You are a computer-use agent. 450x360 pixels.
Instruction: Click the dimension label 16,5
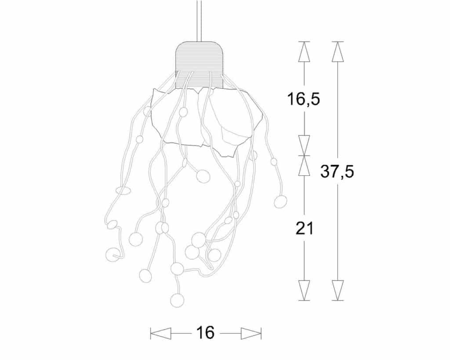(x=304, y=99)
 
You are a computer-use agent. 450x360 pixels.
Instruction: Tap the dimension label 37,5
(x=337, y=172)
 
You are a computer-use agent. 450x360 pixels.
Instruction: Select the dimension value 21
(x=304, y=229)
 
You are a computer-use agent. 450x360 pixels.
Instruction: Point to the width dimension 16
(x=206, y=333)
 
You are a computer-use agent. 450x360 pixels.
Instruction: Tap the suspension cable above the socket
(x=200, y=21)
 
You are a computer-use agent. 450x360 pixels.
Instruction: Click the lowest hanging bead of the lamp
(x=177, y=300)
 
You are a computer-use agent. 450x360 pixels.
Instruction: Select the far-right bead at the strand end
(x=280, y=201)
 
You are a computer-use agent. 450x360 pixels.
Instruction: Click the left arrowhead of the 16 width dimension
(x=161, y=333)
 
